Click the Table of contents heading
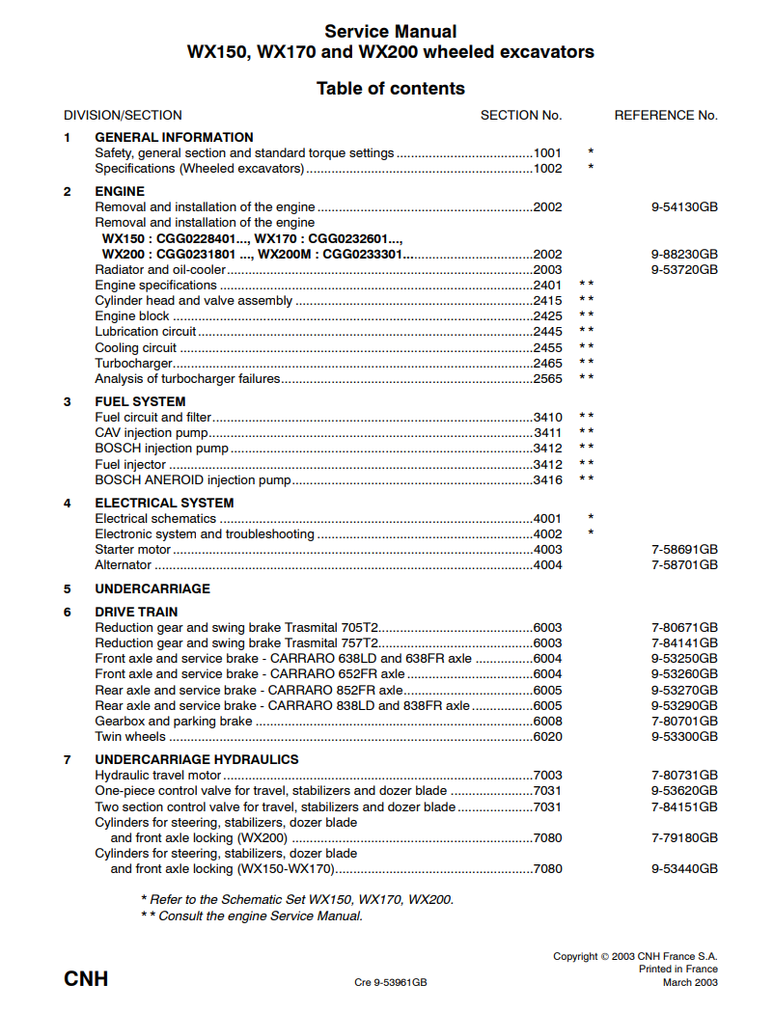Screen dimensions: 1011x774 (390, 89)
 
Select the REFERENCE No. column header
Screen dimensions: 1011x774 (666, 115)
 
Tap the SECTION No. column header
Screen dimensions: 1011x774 (521, 115)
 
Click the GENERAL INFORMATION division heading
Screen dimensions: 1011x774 (174, 137)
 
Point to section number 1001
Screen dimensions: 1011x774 (547, 152)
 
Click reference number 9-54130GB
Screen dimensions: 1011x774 (684, 206)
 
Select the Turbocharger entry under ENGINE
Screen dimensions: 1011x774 (134, 364)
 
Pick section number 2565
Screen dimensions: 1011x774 (547, 379)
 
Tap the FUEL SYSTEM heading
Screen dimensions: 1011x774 (140, 401)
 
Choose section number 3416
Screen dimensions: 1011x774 (547, 479)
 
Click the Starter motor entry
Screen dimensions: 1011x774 (133, 550)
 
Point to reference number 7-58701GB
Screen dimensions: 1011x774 (684, 565)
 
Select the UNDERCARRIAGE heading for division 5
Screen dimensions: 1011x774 (152, 588)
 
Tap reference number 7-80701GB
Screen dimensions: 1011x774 (684, 722)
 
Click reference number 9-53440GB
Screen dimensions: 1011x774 (684, 869)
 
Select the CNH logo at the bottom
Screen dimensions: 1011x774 (86, 980)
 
